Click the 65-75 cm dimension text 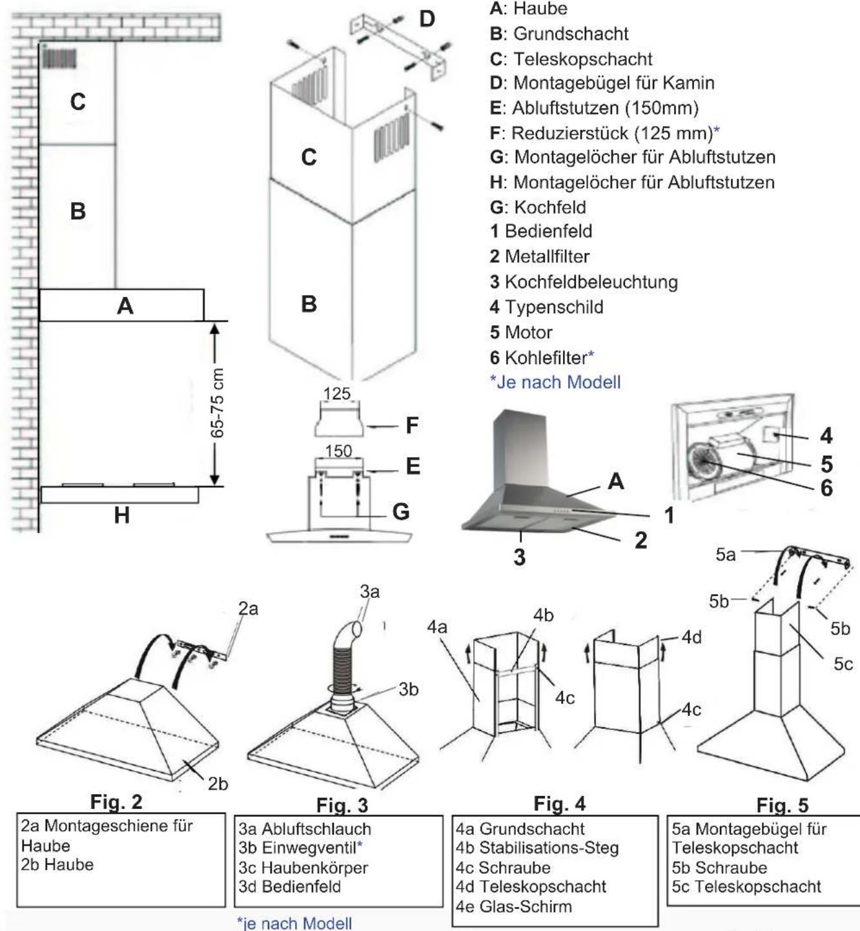(218, 403)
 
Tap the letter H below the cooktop (122, 515)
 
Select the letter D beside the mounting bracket (427, 19)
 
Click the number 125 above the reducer (337, 393)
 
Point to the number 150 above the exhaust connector (338, 451)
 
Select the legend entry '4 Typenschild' (546, 307)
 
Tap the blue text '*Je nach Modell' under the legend (555, 382)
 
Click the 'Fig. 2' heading (116, 802)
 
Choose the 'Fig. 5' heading (783, 805)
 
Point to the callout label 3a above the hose (369, 591)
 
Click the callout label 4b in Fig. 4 (544, 615)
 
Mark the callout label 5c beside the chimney (843, 664)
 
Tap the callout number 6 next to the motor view (826, 488)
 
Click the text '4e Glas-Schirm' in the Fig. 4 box (514, 906)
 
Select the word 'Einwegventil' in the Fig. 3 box (309, 848)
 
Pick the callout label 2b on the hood (218, 784)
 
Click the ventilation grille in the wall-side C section (59, 58)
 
